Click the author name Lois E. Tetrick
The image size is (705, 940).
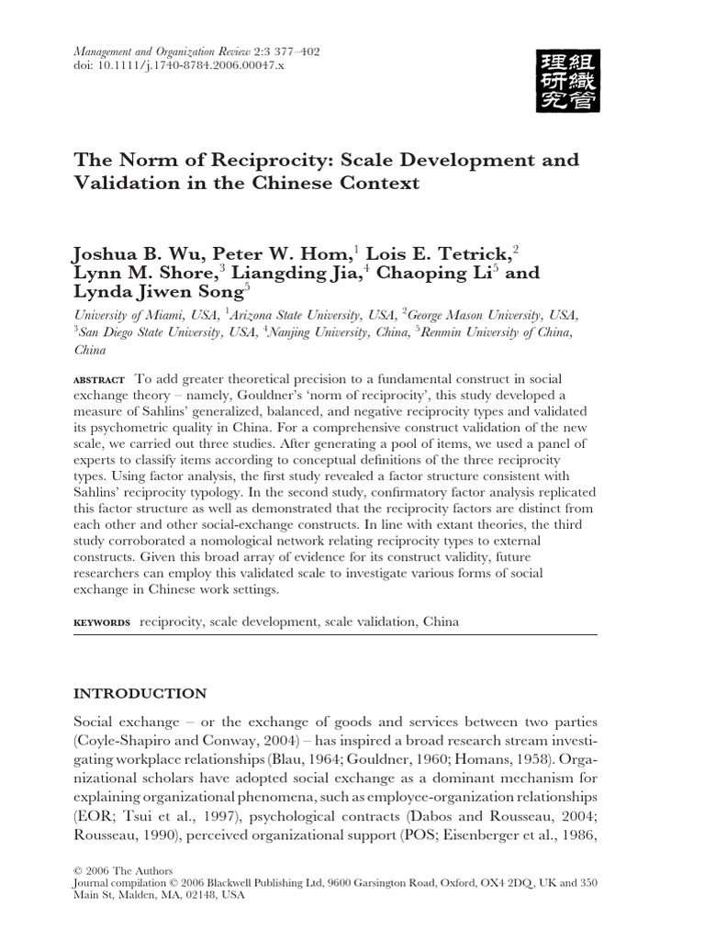pos(440,251)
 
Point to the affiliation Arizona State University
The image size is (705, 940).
pos(317,315)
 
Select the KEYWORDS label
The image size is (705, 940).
pos(102,622)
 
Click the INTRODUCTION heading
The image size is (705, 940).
pos(140,694)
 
